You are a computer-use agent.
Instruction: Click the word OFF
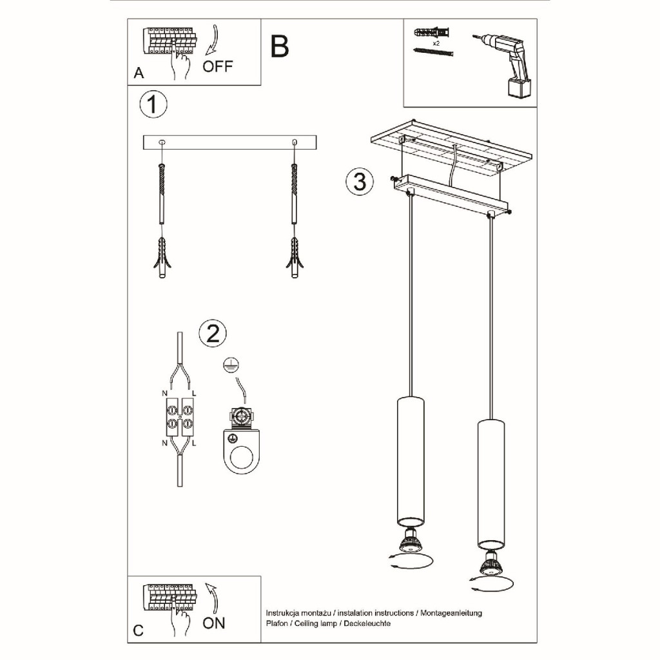pos(217,66)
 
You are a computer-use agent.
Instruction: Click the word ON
pos(214,623)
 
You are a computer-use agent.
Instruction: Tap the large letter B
pos(280,46)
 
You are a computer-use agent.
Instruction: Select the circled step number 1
pos(153,104)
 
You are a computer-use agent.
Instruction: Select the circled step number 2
pos(213,334)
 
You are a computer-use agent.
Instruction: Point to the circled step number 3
pos(360,181)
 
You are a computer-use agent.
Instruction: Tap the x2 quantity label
pos(436,43)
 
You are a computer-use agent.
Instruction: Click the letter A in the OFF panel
pos(139,73)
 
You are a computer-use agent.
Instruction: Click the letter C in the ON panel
pos(138,630)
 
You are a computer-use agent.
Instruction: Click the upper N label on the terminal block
pos(164,394)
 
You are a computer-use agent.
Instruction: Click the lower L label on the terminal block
pos(193,443)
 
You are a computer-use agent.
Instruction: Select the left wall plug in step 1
pos(162,257)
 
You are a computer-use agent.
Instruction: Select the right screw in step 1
pos(294,193)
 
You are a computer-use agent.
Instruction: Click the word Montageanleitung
pos(451,613)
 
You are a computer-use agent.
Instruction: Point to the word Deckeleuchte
pos(367,623)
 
